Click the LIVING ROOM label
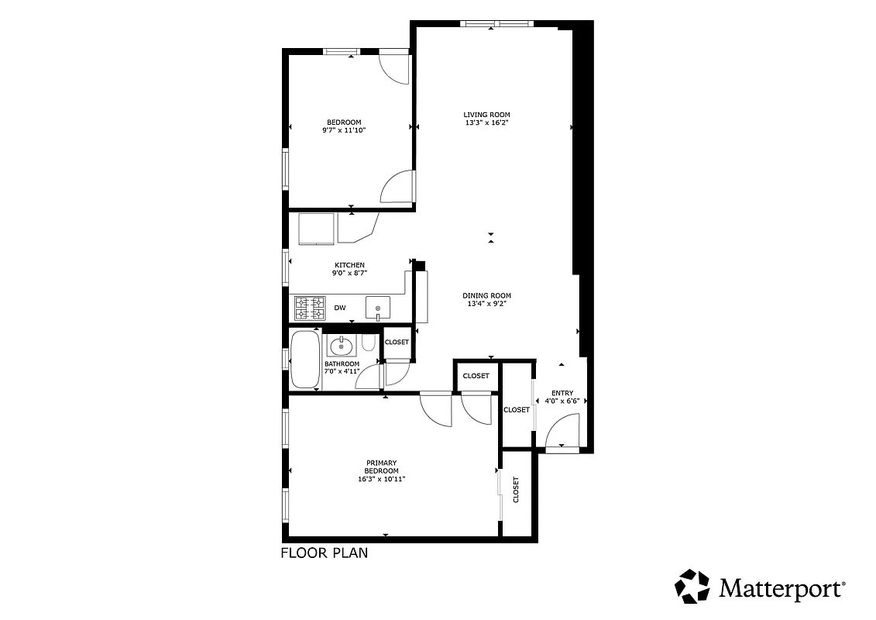click(x=487, y=115)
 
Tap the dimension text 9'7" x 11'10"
click(x=343, y=130)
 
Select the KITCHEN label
click(x=349, y=265)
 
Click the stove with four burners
click(x=309, y=308)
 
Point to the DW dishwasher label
click(x=340, y=308)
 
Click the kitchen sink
click(x=378, y=308)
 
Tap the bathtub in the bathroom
click(x=304, y=359)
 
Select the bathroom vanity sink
click(x=340, y=346)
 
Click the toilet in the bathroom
click(x=369, y=343)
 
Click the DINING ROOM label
click(x=487, y=295)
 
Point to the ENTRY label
click(x=562, y=393)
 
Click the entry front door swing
click(x=564, y=430)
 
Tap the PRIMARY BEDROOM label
click(x=382, y=467)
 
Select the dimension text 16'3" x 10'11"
click(x=382, y=479)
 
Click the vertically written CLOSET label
click(x=516, y=489)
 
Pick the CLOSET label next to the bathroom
click(x=397, y=342)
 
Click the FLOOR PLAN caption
click(x=324, y=553)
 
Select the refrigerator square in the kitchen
click(x=316, y=227)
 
